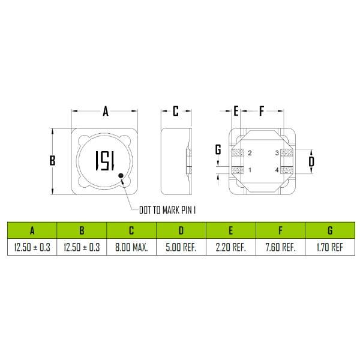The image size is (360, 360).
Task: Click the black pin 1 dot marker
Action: [122, 176]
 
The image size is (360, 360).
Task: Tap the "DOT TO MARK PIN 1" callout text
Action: [168, 210]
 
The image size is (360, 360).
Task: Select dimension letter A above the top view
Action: [105, 111]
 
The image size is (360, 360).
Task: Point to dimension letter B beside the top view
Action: [52, 160]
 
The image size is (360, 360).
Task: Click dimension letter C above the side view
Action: [176, 111]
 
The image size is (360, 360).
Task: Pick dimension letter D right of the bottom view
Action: [311, 161]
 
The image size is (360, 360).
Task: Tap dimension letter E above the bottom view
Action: [236, 111]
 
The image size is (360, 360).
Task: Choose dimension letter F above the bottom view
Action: [262, 111]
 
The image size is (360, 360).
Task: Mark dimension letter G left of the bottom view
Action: [218, 149]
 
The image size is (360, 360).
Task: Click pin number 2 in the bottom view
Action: [250, 154]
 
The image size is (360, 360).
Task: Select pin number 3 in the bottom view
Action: [277, 154]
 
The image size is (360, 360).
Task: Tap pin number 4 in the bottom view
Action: [277, 170]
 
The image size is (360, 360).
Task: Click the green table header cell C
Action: [131, 230]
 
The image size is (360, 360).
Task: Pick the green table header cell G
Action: [331, 230]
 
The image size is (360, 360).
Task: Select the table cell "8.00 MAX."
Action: [131, 247]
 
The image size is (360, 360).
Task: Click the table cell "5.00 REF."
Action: [181, 247]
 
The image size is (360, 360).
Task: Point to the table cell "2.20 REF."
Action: [231, 247]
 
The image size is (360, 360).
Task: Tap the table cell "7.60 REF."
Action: [280, 247]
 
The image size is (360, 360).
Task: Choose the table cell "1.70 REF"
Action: [331, 247]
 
